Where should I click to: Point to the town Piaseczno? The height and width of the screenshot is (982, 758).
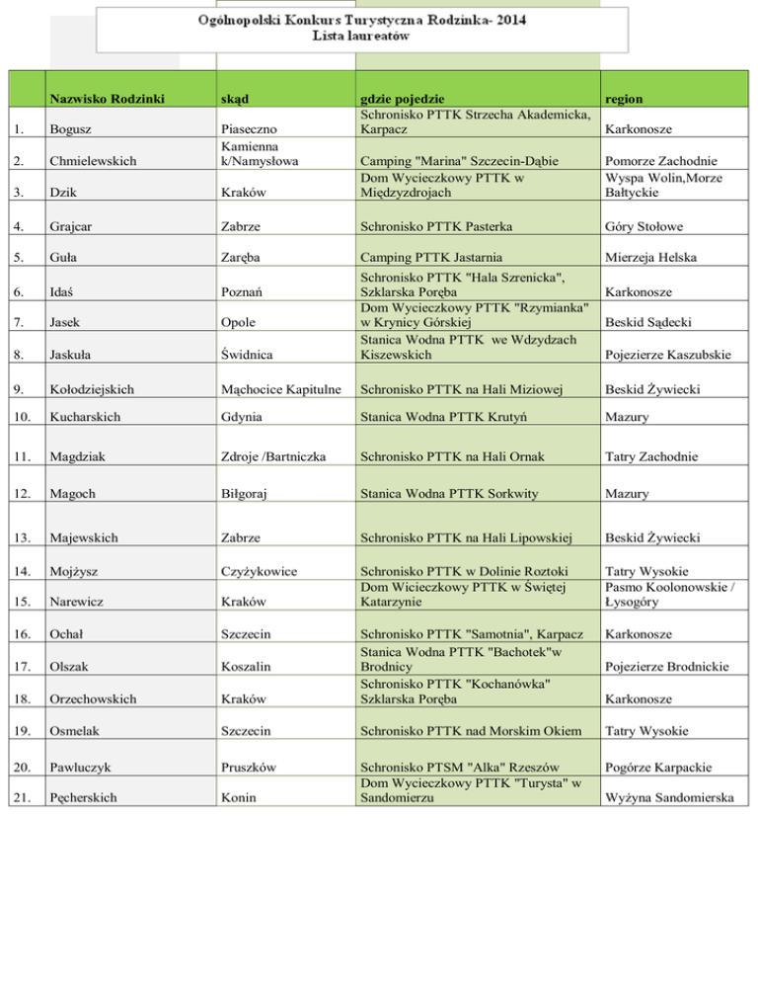pyautogui.click(x=250, y=129)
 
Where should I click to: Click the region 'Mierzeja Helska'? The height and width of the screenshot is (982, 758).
pyautogui.click(x=654, y=257)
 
